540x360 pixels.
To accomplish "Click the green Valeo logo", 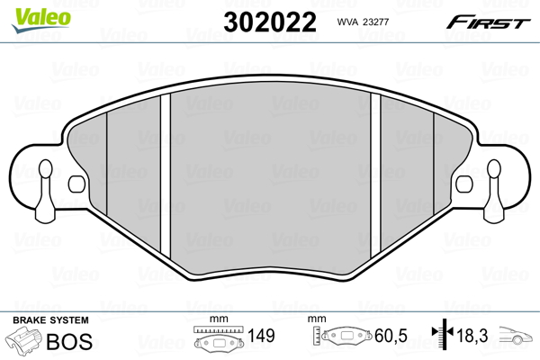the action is click(41, 20).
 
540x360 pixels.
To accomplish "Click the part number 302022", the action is click(270, 22).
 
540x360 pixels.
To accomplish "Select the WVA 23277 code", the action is click(363, 22).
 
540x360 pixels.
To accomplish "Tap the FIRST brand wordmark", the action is click(488, 22).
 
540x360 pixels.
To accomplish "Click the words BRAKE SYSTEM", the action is click(50, 320).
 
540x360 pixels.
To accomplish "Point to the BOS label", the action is click(69, 341).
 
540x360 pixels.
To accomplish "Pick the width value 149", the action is click(261, 336).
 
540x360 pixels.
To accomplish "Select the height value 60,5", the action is click(391, 336).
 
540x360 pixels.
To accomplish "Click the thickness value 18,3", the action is click(472, 335).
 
